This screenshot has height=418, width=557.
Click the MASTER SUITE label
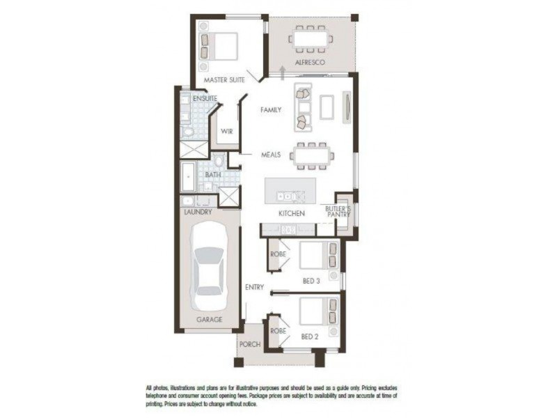click(224, 80)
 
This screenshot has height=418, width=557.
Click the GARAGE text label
click(209, 319)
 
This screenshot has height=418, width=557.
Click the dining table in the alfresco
click(311, 39)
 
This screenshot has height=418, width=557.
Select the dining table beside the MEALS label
click(311, 155)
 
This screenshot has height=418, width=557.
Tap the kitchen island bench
click(290, 189)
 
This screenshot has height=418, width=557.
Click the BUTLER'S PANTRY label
click(338, 212)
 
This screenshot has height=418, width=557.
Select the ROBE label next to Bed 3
click(278, 254)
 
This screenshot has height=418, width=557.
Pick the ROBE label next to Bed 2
click(278, 330)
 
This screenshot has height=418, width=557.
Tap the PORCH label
click(249, 345)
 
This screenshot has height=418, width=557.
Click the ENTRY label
click(254, 287)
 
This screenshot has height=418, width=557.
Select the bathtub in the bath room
click(188, 178)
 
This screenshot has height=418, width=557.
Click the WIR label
click(226, 131)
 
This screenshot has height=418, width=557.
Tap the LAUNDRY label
click(197, 211)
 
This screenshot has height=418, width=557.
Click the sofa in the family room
click(303, 107)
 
